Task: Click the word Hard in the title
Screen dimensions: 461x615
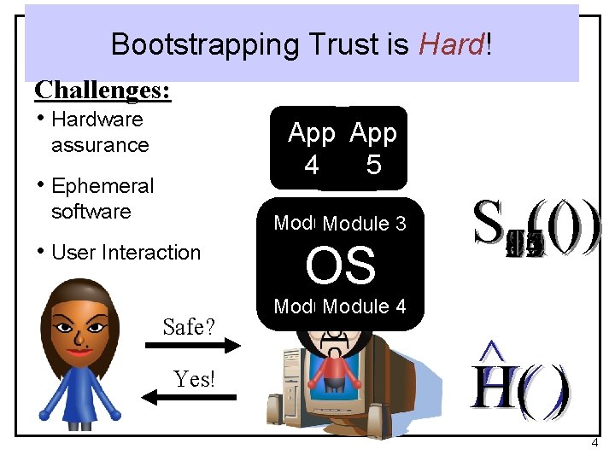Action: tap(452, 44)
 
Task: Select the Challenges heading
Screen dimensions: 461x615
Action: tap(102, 90)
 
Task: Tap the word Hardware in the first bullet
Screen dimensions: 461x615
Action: tap(97, 120)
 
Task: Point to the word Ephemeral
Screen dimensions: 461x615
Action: tap(102, 186)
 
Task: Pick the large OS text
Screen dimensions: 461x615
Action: tap(340, 266)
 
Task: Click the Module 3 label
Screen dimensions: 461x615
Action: tap(364, 224)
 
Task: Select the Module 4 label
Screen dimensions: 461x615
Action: tap(364, 306)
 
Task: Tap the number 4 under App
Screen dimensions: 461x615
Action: tap(312, 165)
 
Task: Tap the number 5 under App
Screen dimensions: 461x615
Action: tap(373, 165)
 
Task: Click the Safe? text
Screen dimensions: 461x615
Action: tap(189, 326)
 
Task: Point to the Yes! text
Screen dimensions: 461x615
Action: tap(194, 379)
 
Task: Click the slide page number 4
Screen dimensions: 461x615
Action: tap(595, 443)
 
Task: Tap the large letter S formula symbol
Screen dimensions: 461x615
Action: tap(489, 224)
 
